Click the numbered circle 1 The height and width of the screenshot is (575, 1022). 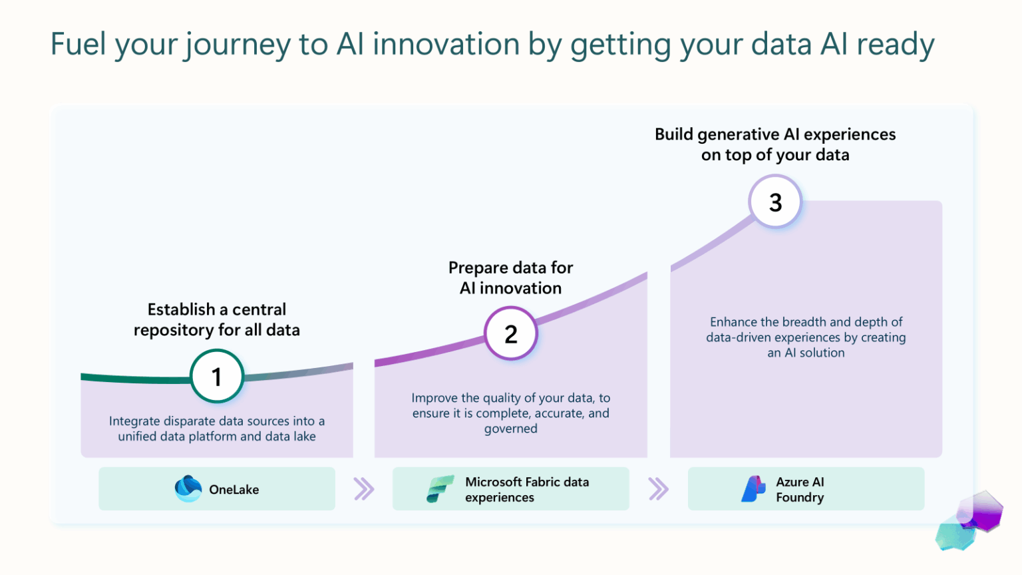click(217, 377)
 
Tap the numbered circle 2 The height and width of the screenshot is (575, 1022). click(510, 333)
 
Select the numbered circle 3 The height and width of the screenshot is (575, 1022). click(775, 202)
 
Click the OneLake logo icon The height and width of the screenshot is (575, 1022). click(188, 489)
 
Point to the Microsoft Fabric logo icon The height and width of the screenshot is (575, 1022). click(440, 489)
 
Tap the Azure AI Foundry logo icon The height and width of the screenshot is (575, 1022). click(753, 489)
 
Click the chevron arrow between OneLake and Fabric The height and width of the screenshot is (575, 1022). click(364, 489)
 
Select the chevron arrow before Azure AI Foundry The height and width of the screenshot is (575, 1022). click(658, 489)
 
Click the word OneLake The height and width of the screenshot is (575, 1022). click(234, 490)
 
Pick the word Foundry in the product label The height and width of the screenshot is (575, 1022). click(800, 498)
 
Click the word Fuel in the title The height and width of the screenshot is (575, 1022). click(79, 45)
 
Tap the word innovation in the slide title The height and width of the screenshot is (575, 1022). click(446, 45)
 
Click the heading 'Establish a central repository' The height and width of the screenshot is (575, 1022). click(217, 319)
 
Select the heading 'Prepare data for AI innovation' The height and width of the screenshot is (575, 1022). click(510, 278)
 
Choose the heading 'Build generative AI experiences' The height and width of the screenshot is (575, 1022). click(775, 144)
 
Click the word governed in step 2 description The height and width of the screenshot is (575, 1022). click(510, 429)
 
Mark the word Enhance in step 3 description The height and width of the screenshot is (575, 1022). click(734, 322)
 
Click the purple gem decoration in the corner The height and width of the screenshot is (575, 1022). click(980, 511)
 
